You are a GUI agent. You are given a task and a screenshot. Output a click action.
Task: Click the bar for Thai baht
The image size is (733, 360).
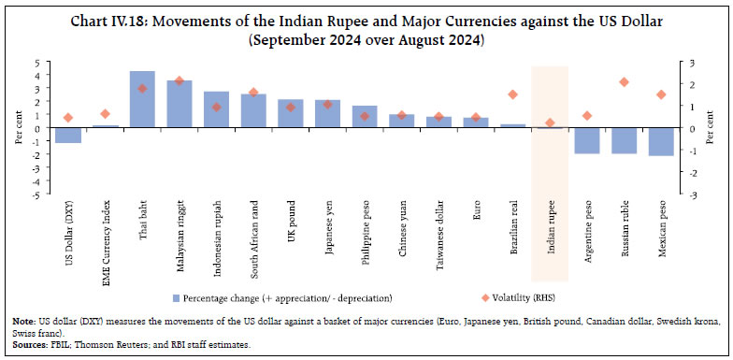pos(142,99)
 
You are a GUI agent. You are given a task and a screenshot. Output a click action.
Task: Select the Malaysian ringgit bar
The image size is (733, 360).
pos(179,104)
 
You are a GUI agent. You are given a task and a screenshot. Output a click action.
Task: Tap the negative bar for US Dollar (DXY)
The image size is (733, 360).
pos(67,136)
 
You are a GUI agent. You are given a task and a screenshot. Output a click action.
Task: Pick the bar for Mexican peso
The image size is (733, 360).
pos(660,141)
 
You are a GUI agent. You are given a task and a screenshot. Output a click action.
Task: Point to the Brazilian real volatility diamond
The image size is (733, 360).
pos(512,94)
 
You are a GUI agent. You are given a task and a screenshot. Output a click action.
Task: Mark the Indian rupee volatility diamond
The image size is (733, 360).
pos(549,122)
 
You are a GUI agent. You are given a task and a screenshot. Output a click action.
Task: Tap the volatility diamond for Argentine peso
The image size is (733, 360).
pos(586,116)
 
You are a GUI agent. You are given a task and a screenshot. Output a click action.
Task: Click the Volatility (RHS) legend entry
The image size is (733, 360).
pos(480,297)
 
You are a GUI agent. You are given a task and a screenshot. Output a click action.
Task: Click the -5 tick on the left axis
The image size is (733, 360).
pos(36,195)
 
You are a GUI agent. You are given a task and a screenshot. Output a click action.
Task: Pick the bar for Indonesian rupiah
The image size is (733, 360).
pos(216,109)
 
